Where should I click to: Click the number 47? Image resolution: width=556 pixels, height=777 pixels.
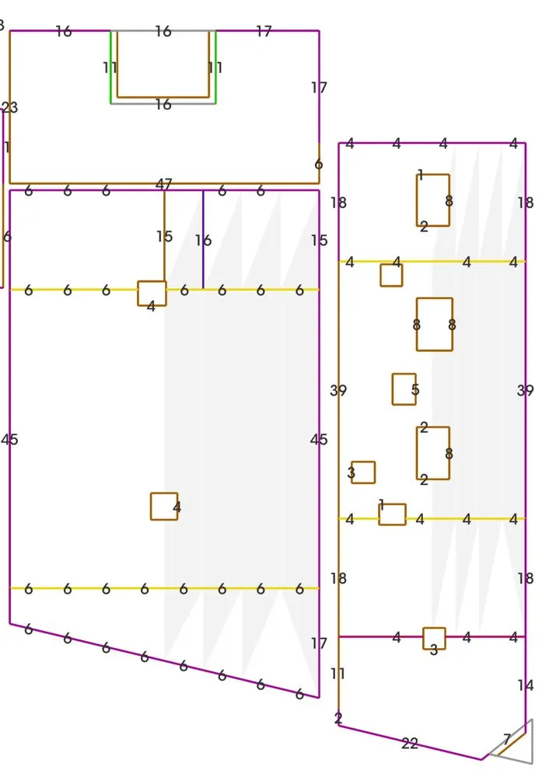[x=163, y=184]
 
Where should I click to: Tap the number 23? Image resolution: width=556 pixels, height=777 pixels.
[x=10, y=107]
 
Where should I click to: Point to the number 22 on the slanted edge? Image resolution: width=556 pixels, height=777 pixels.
[x=410, y=744]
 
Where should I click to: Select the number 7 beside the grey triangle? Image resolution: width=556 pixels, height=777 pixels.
[x=507, y=740]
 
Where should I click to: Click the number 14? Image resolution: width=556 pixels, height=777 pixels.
[x=525, y=685]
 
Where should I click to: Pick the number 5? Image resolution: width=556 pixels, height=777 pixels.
[x=415, y=389]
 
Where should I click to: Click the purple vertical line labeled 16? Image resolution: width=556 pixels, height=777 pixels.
[x=203, y=239]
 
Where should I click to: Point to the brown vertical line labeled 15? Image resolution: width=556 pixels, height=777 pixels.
[x=164, y=236]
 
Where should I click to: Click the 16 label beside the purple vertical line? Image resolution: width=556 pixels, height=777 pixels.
[x=203, y=240]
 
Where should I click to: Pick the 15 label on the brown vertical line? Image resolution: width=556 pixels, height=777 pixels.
[x=164, y=236]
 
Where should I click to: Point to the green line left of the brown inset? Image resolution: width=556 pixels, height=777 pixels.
[x=110, y=68]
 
